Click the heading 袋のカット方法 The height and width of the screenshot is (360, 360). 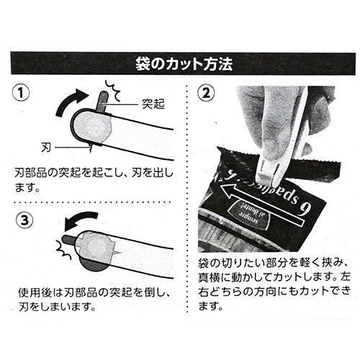(x=184, y=63)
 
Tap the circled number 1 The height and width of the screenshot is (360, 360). (x=21, y=93)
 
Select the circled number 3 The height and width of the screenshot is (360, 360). (x=24, y=220)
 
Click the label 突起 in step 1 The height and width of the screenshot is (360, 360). (x=153, y=104)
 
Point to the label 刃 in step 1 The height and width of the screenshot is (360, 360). (x=46, y=147)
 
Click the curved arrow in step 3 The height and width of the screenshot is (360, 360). (x=81, y=220)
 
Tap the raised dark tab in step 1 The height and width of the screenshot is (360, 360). (x=102, y=102)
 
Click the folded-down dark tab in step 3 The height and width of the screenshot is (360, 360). (x=69, y=239)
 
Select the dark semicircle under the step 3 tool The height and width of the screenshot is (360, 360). (x=92, y=266)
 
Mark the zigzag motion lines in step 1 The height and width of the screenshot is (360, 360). (x=113, y=91)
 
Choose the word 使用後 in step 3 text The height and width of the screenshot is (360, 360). (x=35, y=293)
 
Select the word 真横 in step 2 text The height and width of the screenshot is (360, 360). (x=209, y=277)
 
